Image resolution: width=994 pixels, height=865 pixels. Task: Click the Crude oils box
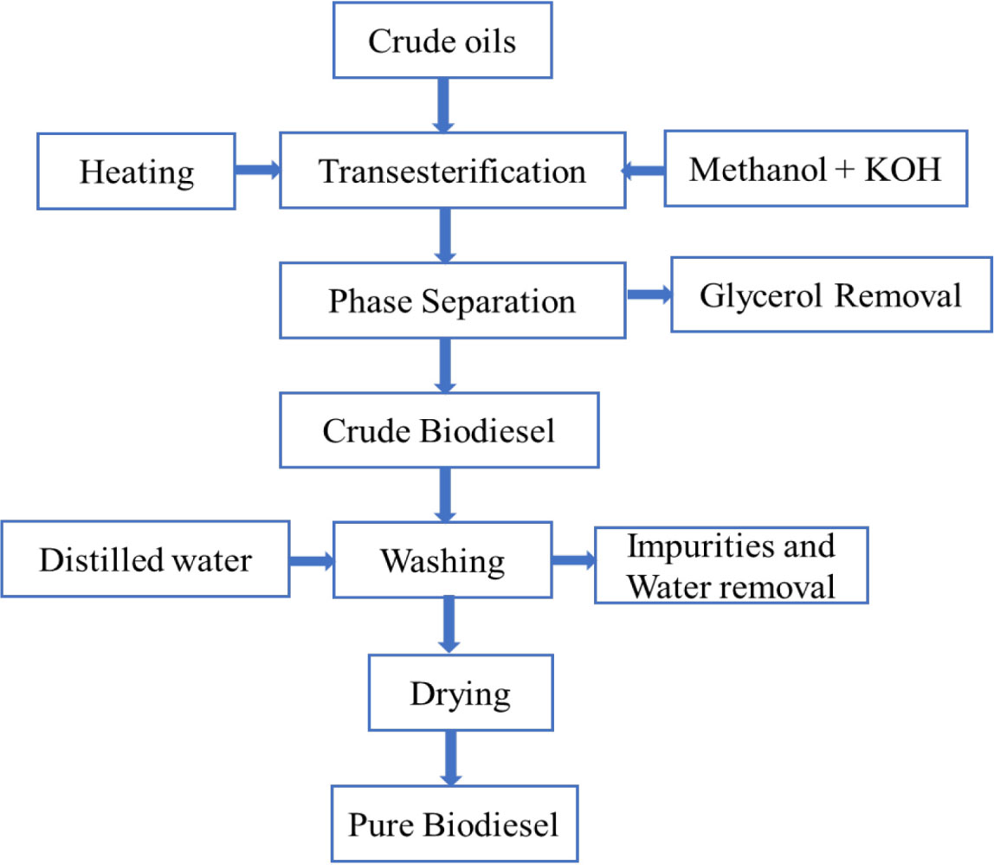pos(442,42)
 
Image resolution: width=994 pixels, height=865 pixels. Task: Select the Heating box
pos(137,171)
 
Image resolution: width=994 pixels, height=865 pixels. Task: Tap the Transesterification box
pos(452,171)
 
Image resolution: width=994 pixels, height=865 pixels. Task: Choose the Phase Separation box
pos(452,300)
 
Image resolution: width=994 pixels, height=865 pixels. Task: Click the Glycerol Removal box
pos(831,296)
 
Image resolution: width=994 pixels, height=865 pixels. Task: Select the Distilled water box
pos(145,559)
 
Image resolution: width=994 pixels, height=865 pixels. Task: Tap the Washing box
pos(443,560)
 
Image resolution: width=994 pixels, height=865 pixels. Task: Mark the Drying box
pos(461,693)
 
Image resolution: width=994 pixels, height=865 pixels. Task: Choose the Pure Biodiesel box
pos(454,823)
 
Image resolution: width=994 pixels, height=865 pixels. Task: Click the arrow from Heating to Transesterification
pos(257,171)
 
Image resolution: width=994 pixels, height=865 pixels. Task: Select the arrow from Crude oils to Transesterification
pos(443,103)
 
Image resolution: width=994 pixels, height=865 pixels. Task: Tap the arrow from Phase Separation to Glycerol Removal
pos(649,296)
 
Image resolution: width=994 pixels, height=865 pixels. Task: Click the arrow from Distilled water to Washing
pos(311,560)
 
